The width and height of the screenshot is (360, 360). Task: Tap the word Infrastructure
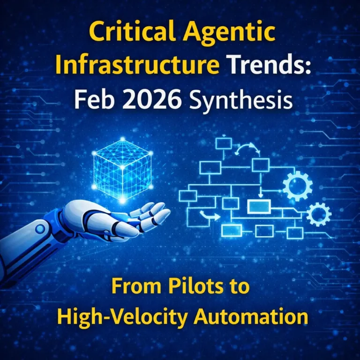pyautogui.click(x=135, y=67)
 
